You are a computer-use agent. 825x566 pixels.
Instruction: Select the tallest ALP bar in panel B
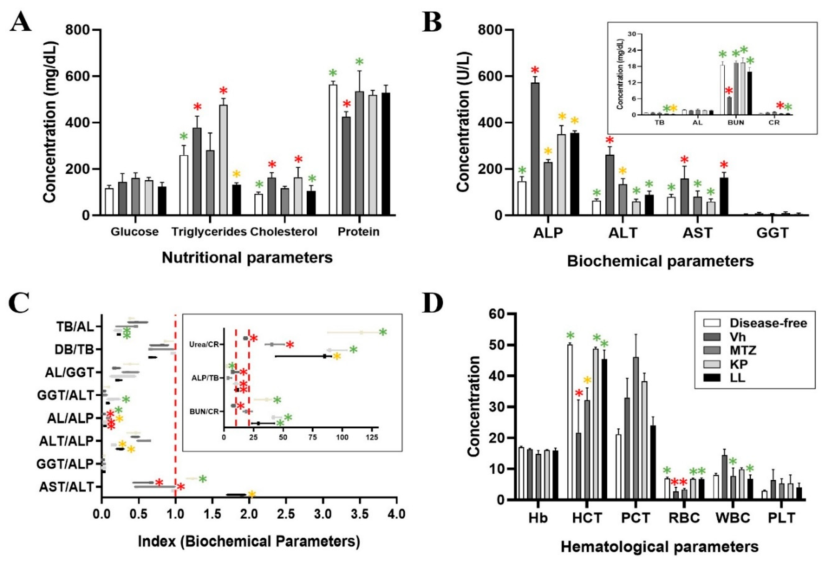(x=540, y=149)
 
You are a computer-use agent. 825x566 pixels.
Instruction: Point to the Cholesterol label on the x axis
(x=284, y=232)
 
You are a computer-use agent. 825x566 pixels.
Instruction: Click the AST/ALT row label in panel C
(x=66, y=487)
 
